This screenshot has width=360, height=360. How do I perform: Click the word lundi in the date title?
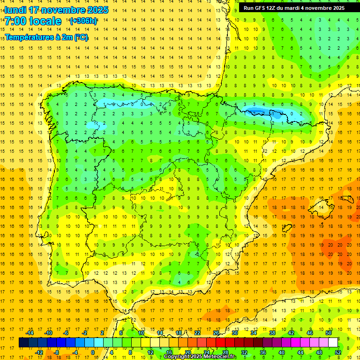pyautogui.click(x=15, y=10)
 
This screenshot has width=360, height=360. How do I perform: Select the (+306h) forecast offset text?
pyautogui.click(x=83, y=21)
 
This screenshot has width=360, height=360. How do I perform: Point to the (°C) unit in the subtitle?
pyautogui.click(x=81, y=37)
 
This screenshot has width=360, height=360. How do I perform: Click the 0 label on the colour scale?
pyautogui.click(x=93, y=352)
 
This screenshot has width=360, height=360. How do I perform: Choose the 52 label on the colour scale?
pyautogui.click(x=338, y=352)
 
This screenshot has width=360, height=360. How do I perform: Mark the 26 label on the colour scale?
pyautogui.click(x=216, y=333)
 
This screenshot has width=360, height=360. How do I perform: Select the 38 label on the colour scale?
pyautogui.click(x=272, y=333)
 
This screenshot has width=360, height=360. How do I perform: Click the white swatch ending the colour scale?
pyautogui.click(x=333, y=343)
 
